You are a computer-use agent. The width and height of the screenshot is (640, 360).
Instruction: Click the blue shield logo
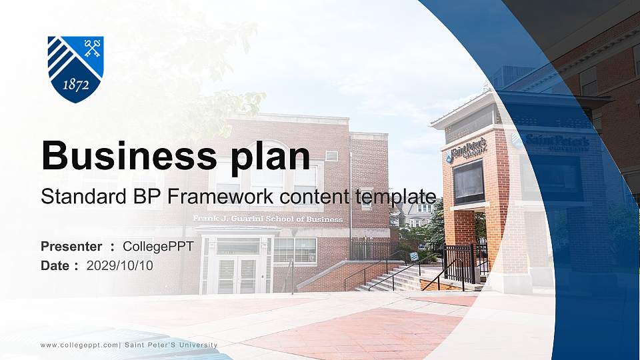point(75,69)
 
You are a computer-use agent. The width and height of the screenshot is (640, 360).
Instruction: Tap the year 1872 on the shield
point(75,85)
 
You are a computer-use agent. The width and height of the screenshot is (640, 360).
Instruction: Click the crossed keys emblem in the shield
point(92,47)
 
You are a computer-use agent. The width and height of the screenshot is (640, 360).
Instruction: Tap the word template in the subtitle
point(396,197)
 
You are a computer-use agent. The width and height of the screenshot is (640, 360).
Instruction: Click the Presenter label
point(71,247)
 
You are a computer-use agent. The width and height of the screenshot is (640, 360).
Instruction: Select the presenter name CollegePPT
point(158,247)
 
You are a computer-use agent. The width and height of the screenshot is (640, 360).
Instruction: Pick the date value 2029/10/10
point(120,266)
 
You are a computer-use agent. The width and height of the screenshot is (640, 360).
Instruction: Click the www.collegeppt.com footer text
point(79,345)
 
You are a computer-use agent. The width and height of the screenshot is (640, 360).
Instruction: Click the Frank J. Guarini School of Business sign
point(268,219)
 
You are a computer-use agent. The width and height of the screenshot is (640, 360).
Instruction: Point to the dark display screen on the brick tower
point(469,182)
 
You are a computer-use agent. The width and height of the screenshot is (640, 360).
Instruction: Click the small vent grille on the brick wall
point(331,155)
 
